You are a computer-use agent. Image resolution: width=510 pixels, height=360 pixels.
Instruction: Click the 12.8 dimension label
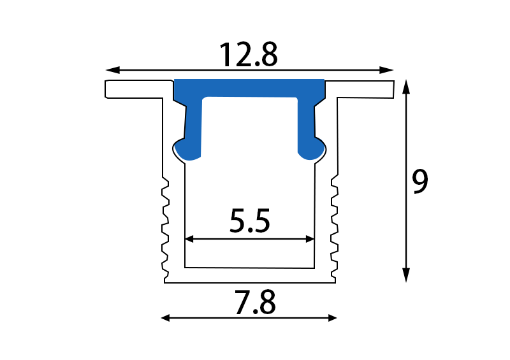249,55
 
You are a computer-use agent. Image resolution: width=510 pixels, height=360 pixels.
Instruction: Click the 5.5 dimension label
250,222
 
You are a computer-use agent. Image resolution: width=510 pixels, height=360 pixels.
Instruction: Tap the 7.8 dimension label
254,303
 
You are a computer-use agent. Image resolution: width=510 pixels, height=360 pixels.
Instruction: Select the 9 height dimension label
420,182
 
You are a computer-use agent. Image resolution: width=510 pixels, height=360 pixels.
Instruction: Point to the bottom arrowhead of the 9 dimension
405,275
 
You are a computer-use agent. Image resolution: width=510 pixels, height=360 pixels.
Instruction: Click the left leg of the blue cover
194,124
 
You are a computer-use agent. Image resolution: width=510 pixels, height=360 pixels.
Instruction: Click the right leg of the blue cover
306,124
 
